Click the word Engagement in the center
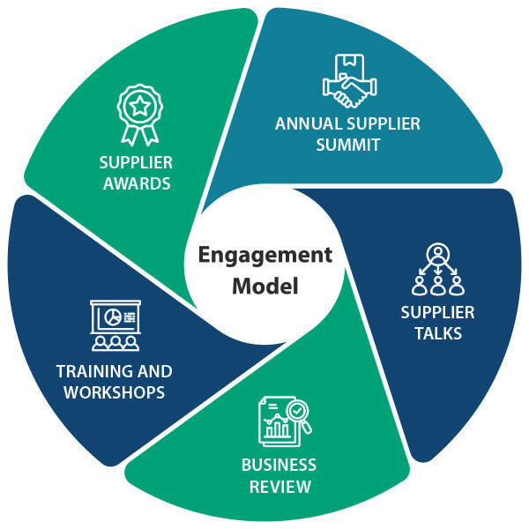(x=264, y=257)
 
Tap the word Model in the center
(x=264, y=286)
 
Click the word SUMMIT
(x=348, y=145)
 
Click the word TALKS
(x=437, y=334)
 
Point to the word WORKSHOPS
(x=115, y=392)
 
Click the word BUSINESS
(x=279, y=465)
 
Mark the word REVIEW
(x=279, y=486)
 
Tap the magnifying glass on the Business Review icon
(x=299, y=414)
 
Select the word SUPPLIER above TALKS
(x=437, y=313)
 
